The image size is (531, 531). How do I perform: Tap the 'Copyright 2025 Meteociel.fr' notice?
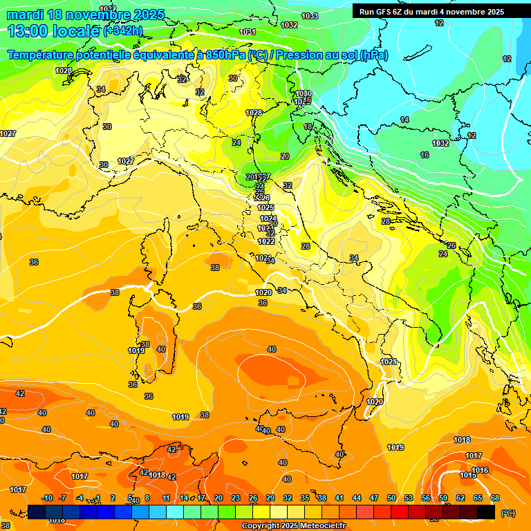point(293,526)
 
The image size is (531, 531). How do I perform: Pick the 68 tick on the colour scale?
point(494,498)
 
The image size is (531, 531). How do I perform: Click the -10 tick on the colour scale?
point(47,498)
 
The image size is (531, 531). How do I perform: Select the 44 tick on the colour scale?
point(356,498)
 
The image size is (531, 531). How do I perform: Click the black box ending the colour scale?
point(486,512)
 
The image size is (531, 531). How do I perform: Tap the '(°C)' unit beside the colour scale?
point(508,512)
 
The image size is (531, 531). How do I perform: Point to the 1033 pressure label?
point(310,16)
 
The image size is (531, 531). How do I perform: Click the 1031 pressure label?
point(248,32)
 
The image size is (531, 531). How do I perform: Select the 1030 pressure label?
point(304,93)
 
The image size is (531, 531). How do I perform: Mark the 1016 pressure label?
point(481,470)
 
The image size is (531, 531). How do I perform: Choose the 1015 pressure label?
point(468,475)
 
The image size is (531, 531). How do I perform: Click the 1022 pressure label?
point(266,241)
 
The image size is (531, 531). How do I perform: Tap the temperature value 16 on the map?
point(425,155)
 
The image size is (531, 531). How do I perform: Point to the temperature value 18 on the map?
point(308,127)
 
